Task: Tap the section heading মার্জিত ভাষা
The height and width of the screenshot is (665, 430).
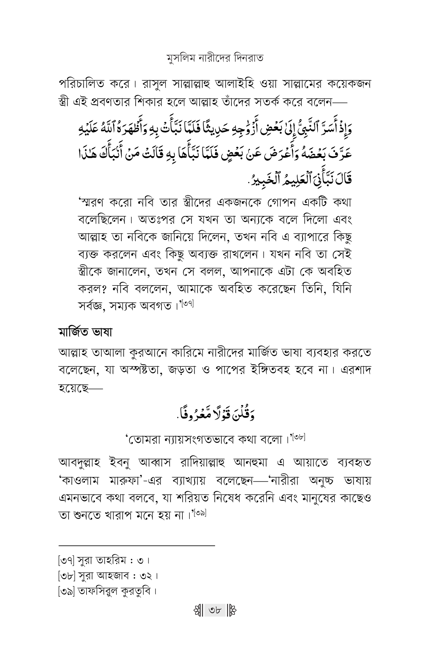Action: pos(85,332)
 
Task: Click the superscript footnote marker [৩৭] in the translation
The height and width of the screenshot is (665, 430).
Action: pos(188,304)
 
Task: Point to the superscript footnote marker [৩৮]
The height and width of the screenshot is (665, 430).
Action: pos(299,437)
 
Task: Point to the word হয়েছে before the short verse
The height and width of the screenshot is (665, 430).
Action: pos(74,388)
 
